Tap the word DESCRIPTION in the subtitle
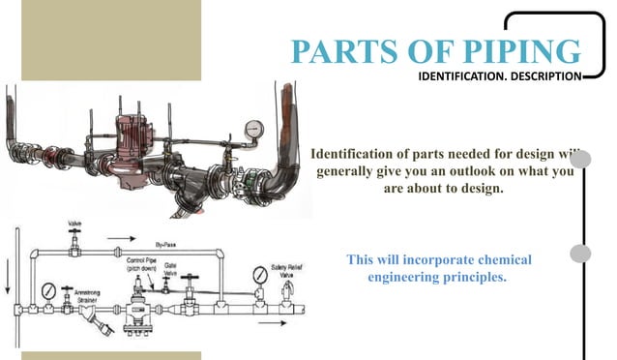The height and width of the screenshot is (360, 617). tap(544, 75)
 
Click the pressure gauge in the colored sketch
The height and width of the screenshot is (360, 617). tap(254, 129)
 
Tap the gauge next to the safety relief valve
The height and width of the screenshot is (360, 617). tap(260, 274)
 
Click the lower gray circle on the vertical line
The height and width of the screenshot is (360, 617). tap(580, 254)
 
